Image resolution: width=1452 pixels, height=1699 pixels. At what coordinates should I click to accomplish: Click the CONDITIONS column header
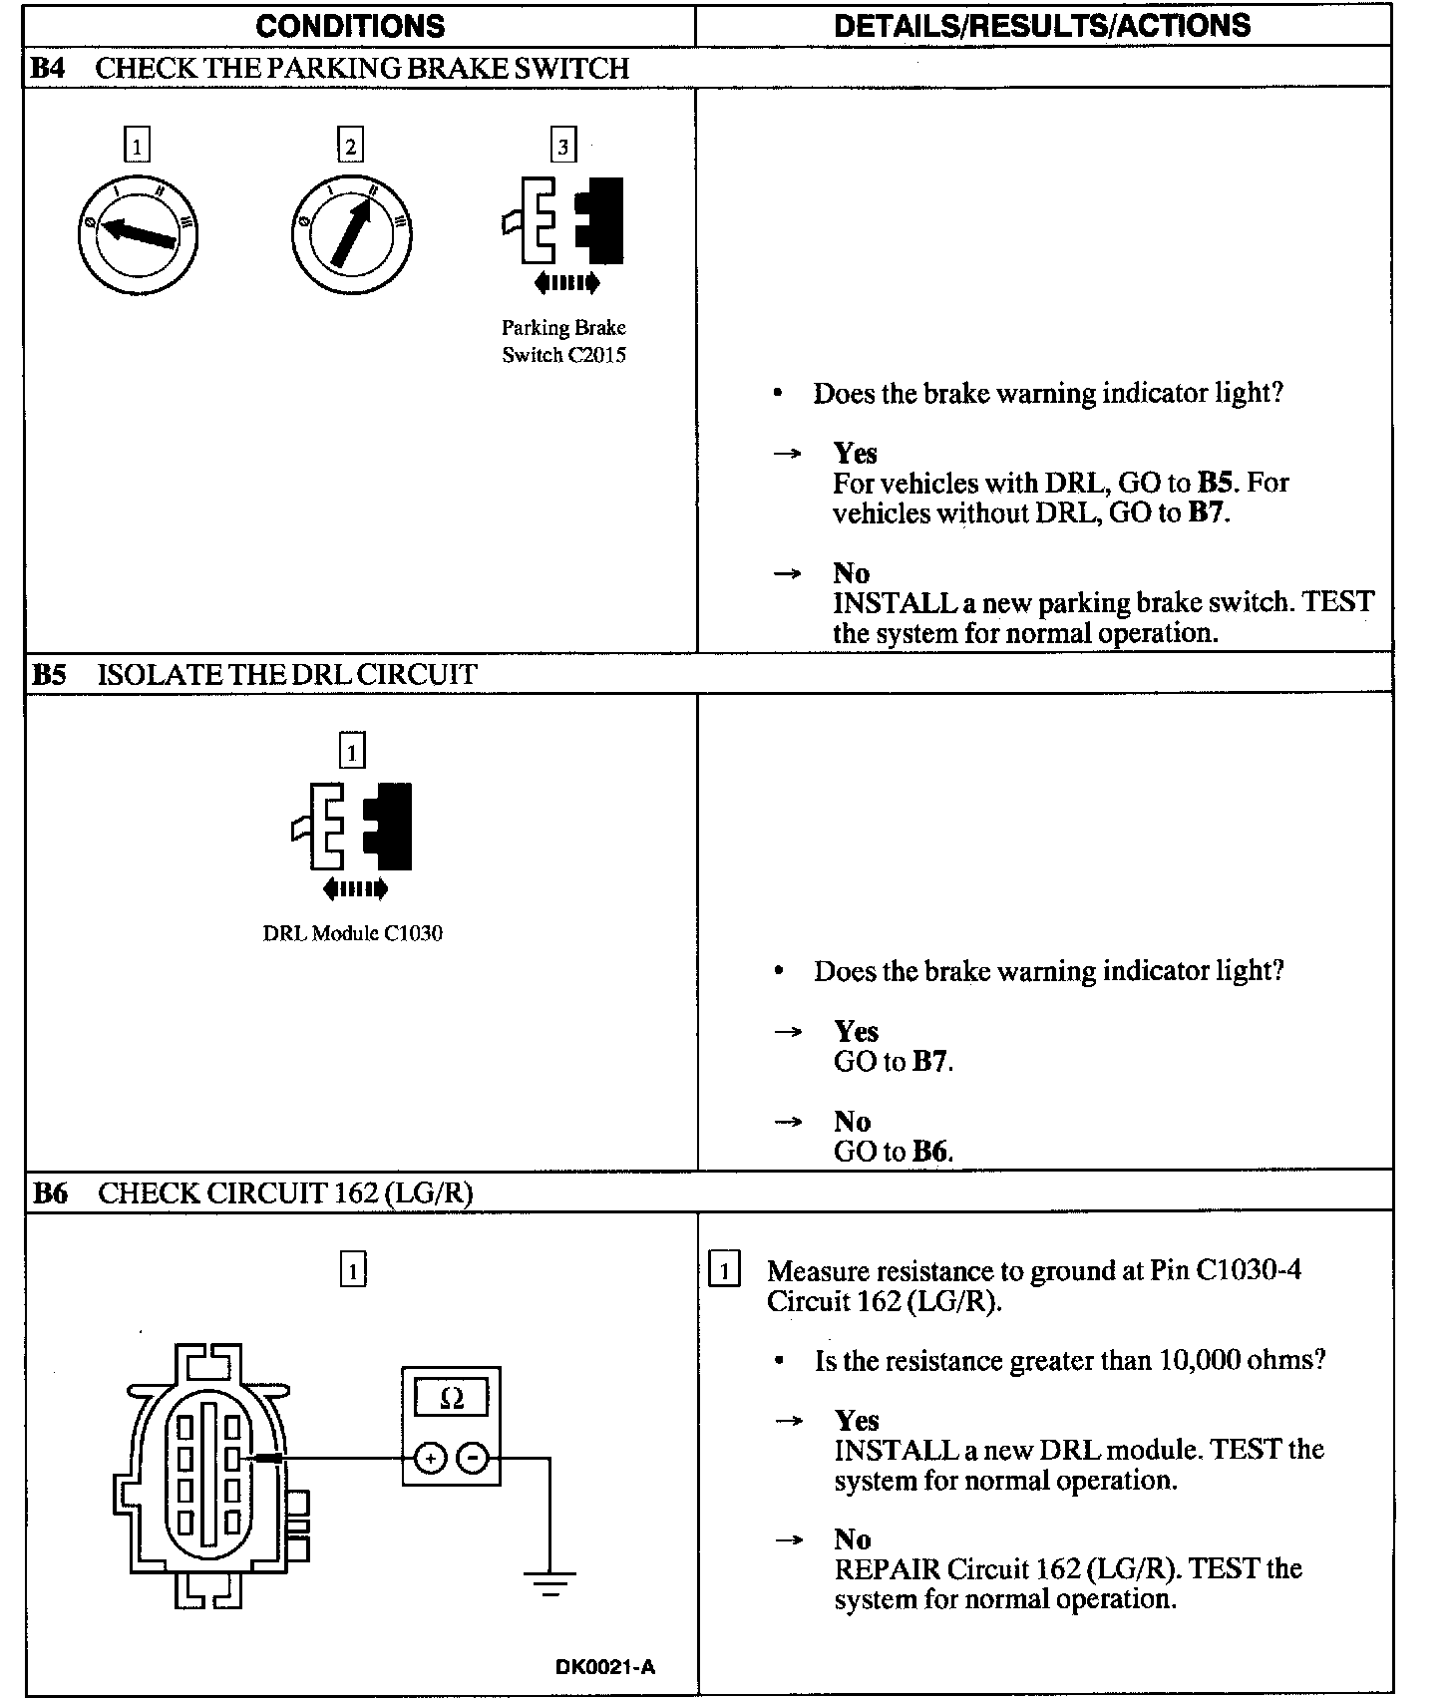(350, 26)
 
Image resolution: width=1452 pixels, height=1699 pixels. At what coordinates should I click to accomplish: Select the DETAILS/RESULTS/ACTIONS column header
(1042, 26)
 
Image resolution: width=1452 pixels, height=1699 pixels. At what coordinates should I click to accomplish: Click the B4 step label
(48, 69)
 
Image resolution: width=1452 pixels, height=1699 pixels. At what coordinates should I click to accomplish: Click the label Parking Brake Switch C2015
(564, 342)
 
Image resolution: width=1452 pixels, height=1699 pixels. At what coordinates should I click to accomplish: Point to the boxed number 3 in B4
(563, 148)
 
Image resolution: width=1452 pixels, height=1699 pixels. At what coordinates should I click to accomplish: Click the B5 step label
(49, 675)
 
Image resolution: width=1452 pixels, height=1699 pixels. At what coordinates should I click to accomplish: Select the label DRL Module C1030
(353, 934)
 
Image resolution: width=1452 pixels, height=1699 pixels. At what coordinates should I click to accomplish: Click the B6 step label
(50, 1193)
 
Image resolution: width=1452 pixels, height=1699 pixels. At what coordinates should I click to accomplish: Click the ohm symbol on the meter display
(452, 1399)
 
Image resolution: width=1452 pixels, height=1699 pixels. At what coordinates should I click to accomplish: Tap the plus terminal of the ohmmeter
(430, 1460)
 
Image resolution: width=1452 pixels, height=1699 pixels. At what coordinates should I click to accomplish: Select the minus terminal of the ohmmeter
(473, 1460)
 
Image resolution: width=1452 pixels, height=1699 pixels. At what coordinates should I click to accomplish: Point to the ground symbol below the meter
(549, 1583)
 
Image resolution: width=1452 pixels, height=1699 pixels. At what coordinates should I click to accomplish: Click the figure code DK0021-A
(605, 1667)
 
